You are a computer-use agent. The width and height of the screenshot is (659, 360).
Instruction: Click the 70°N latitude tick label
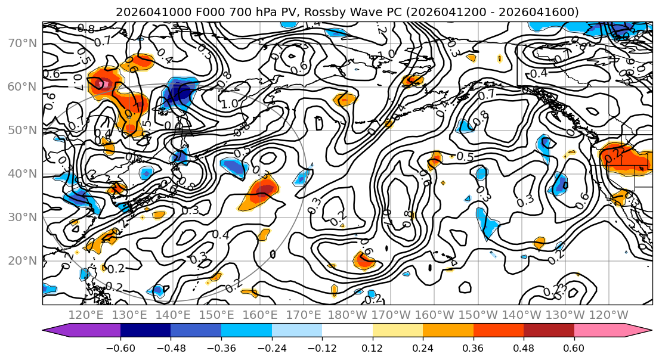21,43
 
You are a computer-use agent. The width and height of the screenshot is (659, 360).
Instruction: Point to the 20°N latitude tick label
21,260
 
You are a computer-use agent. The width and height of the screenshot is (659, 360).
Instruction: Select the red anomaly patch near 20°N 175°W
364,260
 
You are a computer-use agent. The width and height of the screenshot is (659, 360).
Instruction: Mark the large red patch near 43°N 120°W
620,156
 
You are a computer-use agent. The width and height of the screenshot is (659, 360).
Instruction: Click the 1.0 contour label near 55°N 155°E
228,104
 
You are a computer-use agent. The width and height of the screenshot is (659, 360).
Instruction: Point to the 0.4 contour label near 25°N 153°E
220,234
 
